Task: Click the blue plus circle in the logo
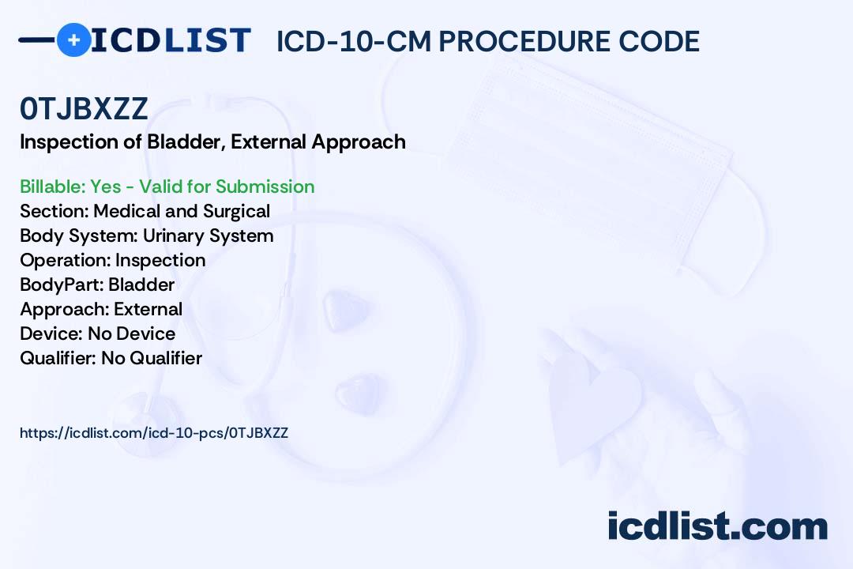pos(73,40)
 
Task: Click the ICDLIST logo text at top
pos(171,40)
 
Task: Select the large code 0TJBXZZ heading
pos(84,108)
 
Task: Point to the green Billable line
pos(167,187)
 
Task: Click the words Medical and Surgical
pos(182,211)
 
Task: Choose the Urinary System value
pos(208,236)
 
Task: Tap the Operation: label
pos(66,260)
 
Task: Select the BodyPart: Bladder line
pos(97,284)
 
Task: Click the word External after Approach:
pos(148,309)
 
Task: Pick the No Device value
pos(132,333)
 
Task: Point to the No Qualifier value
pos(152,358)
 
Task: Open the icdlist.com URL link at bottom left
pos(154,433)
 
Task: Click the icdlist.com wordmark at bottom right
pos(717,526)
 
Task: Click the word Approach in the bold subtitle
pos(359,142)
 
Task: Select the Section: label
pos(54,211)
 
